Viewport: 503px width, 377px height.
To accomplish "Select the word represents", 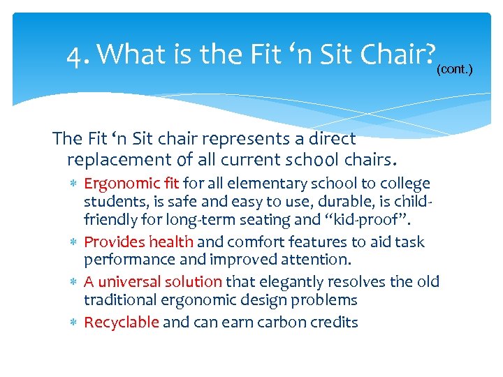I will (x=231, y=139).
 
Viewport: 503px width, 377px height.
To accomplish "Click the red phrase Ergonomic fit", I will (x=131, y=184).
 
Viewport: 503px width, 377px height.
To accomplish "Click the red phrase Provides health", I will (x=138, y=242).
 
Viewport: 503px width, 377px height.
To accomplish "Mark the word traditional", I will (x=119, y=300).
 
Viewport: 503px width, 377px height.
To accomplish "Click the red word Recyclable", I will (x=122, y=322).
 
